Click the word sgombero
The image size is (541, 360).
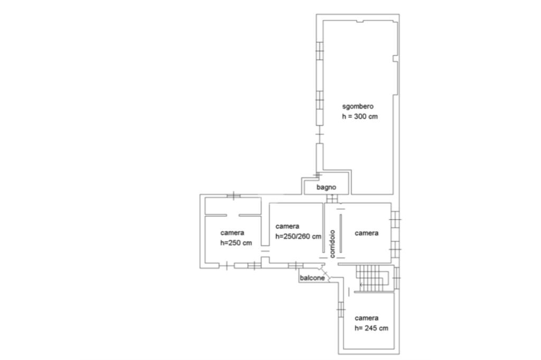click(x=358, y=107)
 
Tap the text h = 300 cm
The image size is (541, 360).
click(x=359, y=117)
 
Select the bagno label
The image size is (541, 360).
click(x=326, y=187)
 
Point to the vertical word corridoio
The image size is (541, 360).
click(x=332, y=244)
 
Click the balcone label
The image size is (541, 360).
click(x=312, y=278)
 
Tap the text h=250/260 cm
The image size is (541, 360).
click(x=298, y=236)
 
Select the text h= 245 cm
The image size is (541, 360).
click(x=371, y=328)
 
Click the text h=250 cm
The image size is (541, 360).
click(x=236, y=243)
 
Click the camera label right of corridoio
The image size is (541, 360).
click(x=367, y=233)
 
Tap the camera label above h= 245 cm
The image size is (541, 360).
click(x=367, y=318)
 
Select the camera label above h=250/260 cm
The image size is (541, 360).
click(x=287, y=226)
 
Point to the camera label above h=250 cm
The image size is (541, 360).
click(x=232, y=233)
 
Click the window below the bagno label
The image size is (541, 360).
click(x=332, y=198)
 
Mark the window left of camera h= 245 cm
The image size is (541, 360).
click(x=341, y=310)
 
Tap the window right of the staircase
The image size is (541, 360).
click(x=396, y=278)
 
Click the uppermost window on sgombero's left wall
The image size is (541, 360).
click(x=320, y=51)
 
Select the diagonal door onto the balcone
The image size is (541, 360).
click(x=325, y=273)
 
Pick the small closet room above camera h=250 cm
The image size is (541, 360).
click(x=233, y=206)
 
